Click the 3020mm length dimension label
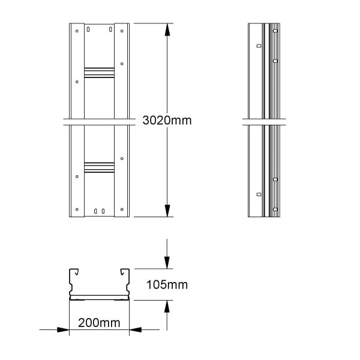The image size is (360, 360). coord(167,121)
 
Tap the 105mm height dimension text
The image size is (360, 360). coord(167,284)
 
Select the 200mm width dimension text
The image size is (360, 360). coord(99,323)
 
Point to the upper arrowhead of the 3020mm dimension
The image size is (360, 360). coord(167,29)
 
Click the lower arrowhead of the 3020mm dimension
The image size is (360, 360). coord(167,211)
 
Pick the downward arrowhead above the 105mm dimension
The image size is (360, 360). coord(167,263)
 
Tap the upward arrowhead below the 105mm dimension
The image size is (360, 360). coord(167,306)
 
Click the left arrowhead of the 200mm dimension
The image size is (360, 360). coord(63,329)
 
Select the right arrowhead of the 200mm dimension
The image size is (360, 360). coord(136,329)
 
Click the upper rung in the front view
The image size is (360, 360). coord(99,73)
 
